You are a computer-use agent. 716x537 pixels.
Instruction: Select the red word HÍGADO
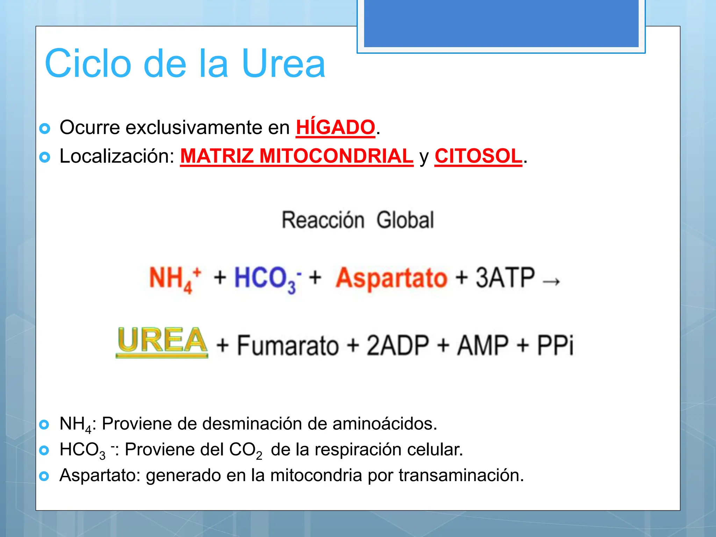tap(335, 127)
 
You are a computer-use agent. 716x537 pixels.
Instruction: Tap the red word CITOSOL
tap(478, 156)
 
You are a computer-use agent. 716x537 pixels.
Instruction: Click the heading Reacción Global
tap(358, 220)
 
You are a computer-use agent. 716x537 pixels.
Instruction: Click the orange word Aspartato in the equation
tap(391, 278)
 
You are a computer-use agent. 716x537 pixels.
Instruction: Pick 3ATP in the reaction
tap(505, 278)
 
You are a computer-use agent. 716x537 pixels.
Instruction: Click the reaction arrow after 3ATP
tap(552, 281)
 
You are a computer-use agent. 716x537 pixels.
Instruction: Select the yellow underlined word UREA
tap(162, 341)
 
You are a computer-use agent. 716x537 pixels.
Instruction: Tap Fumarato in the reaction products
tap(288, 345)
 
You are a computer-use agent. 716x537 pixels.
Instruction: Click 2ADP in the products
tap(398, 345)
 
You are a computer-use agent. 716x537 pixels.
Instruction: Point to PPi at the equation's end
tap(555, 345)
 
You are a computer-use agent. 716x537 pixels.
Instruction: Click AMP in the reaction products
tap(482, 345)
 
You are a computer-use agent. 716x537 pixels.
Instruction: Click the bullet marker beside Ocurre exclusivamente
tap(45, 129)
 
